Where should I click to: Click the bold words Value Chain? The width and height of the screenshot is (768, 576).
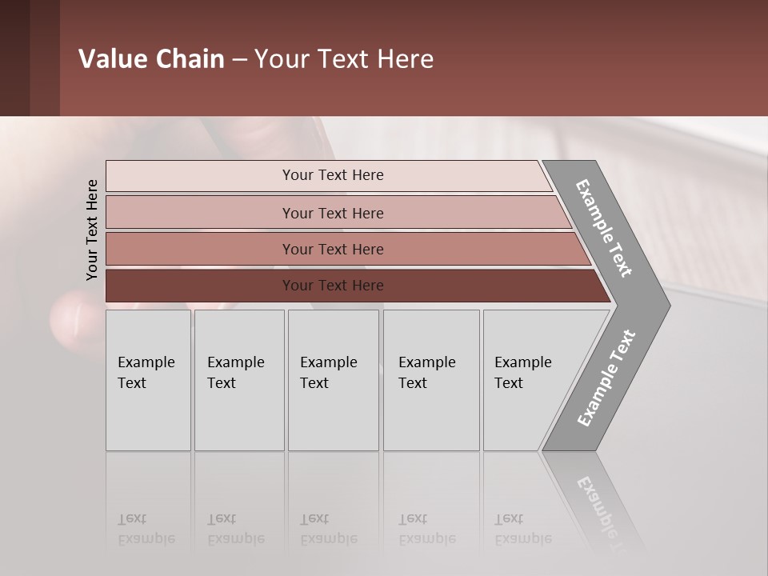pyautogui.click(x=151, y=59)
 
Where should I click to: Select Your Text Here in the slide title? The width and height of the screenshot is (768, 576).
pyautogui.click(x=344, y=59)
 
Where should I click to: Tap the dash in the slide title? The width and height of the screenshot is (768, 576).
pyautogui.click(x=239, y=60)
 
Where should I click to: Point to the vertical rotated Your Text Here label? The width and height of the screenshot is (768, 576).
pyautogui.click(x=92, y=230)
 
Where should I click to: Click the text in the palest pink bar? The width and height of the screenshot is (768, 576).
pyautogui.click(x=333, y=175)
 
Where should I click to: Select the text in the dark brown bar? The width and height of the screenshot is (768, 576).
pyautogui.click(x=333, y=286)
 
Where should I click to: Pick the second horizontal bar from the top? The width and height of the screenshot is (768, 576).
pyautogui.click(x=333, y=213)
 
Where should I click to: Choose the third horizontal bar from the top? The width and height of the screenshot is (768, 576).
pyautogui.click(x=333, y=250)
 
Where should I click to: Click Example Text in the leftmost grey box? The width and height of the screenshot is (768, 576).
pyautogui.click(x=146, y=373)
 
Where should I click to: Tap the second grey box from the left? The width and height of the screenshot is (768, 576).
pyautogui.click(x=239, y=380)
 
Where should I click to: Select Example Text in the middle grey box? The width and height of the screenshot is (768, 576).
pyautogui.click(x=328, y=373)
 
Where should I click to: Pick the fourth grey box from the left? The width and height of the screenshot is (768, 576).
pyautogui.click(x=431, y=380)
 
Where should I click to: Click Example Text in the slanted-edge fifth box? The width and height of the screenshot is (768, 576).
pyautogui.click(x=522, y=373)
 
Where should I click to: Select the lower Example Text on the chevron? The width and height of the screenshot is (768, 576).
pyautogui.click(x=606, y=378)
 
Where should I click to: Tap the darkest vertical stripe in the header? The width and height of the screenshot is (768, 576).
pyautogui.click(x=14, y=58)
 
